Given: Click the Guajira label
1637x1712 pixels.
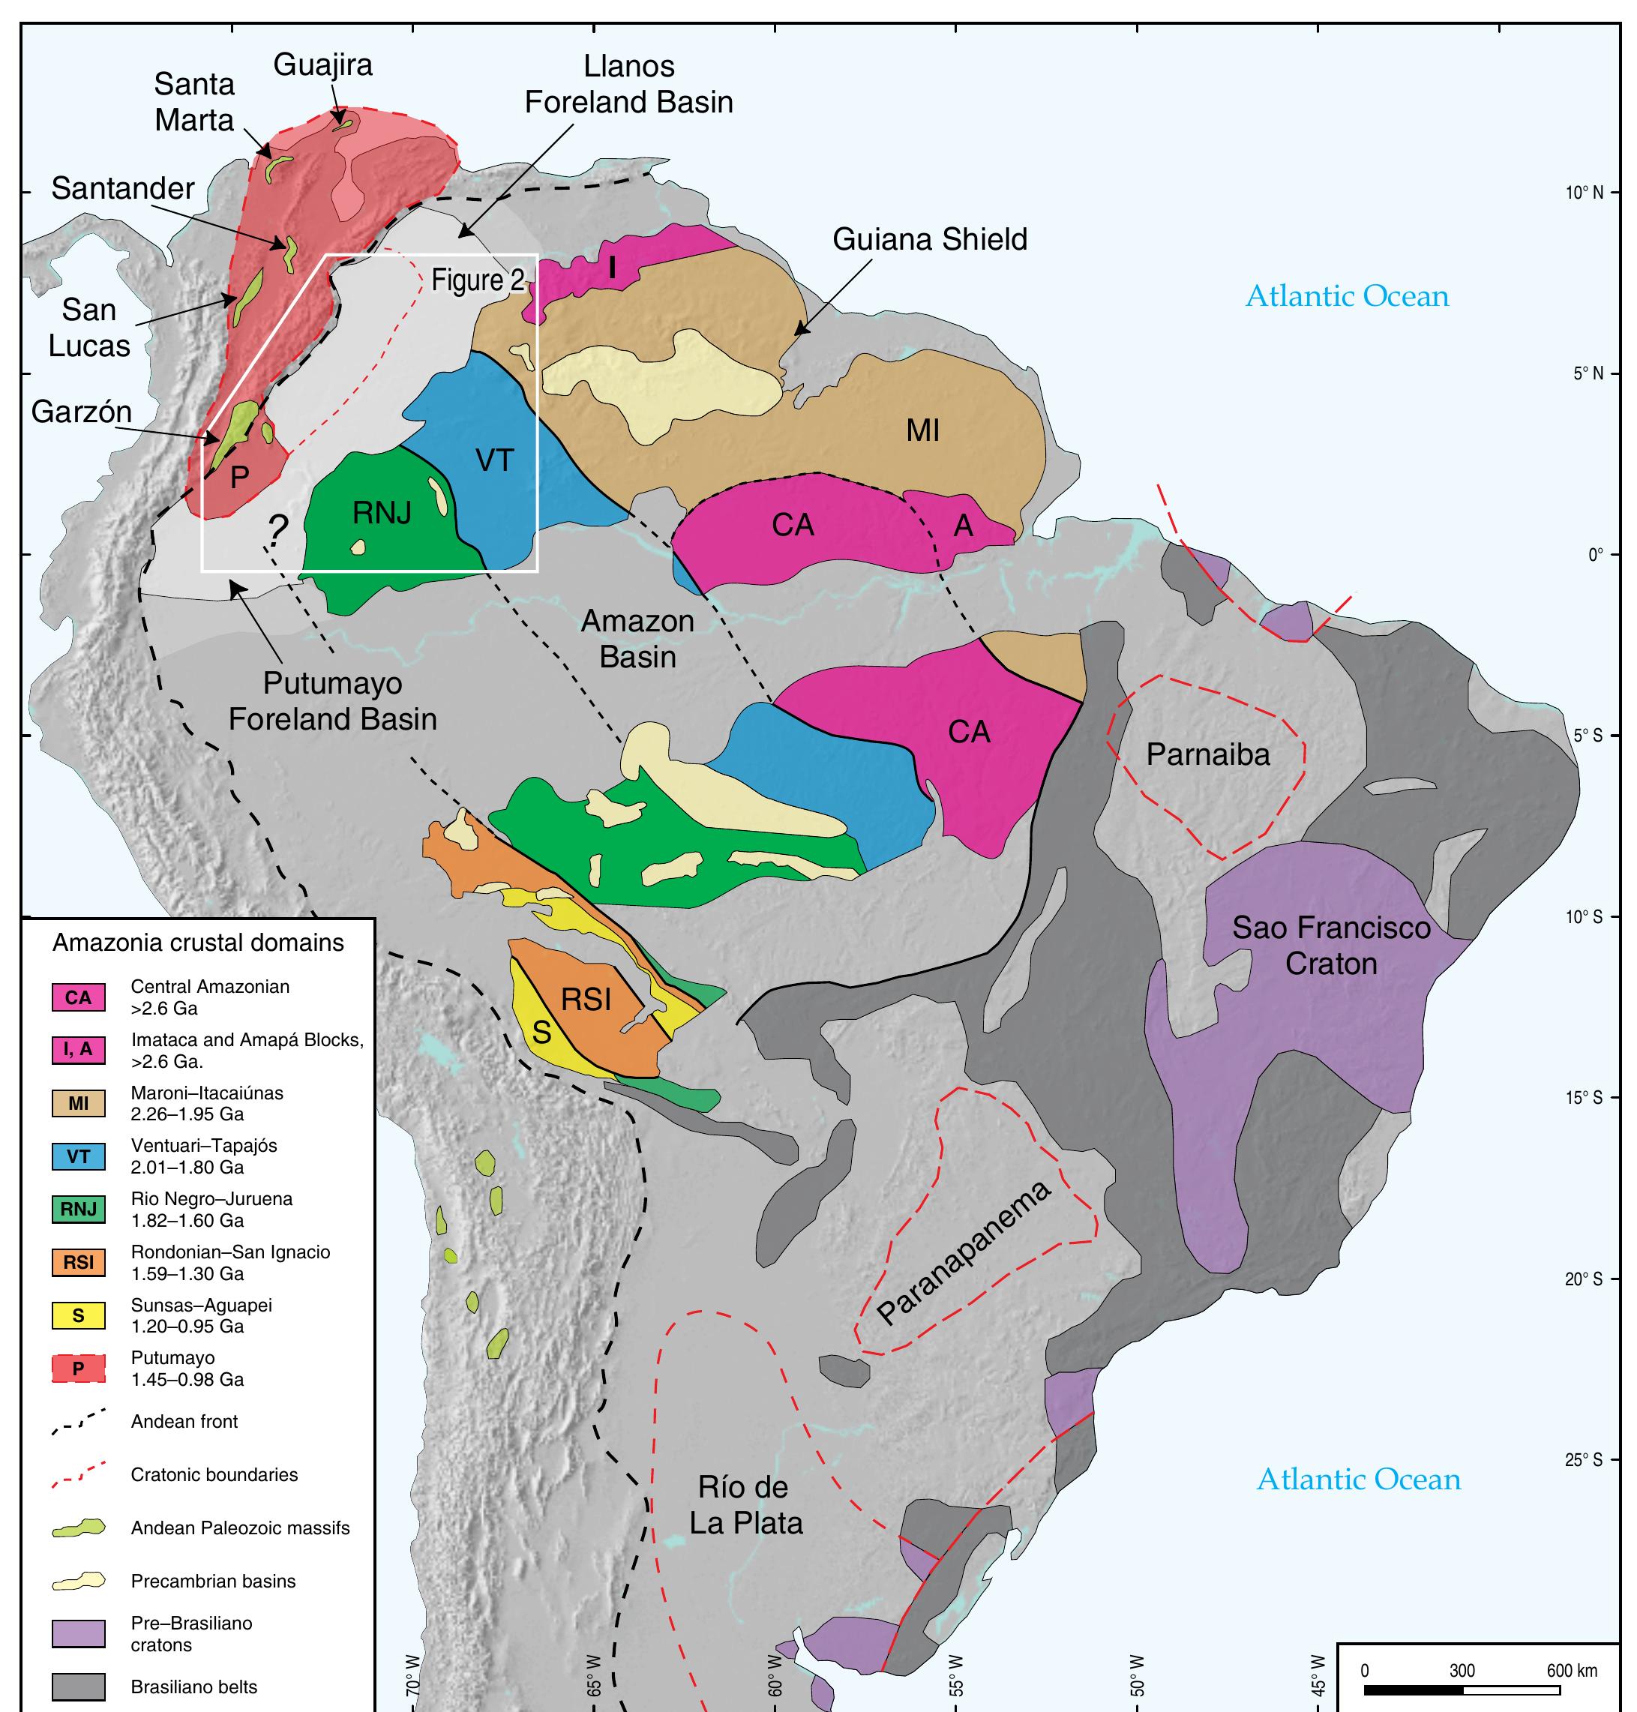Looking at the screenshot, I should click(x=323, y=65).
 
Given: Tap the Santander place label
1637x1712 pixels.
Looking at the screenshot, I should click(x=123, y=187).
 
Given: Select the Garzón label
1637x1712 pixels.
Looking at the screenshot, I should click(x=81, y=411).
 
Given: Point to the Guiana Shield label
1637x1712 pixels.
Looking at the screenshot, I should click(x=929, y=239).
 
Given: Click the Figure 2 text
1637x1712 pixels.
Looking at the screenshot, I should click(x=478, y=281).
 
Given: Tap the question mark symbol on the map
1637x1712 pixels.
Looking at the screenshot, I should click(x=277, y=528).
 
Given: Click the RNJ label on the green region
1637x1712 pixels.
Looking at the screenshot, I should click(x=382, y=513).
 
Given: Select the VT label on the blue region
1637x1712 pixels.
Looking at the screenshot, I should click(x=494, y=460).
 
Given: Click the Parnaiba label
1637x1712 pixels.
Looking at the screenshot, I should click(x=1207, y=754).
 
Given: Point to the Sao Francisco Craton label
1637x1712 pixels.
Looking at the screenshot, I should click(x=1331, y=945).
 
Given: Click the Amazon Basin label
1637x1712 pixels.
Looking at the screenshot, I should click(x=638, y=639).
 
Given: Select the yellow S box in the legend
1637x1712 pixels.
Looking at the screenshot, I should click(x=79, y=1315).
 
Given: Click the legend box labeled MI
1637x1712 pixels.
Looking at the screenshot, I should click(x=79, y=1103).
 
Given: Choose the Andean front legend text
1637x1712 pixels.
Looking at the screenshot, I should click(x=184, y=1422).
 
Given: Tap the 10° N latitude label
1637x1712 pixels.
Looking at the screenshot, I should click(x=1584, y=193).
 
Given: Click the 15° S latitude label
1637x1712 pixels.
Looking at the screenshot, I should click(x=1584, y=1098).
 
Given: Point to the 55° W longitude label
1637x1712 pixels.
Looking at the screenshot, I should click(x=955, y=1675).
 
